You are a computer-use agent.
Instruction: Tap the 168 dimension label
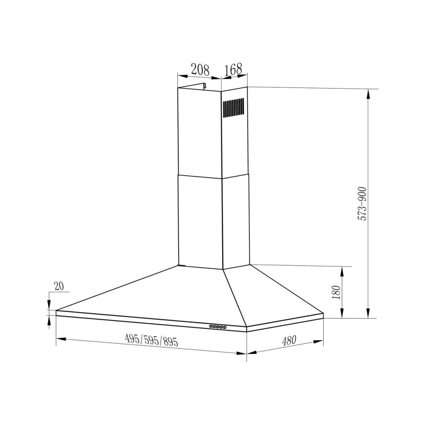(233, 69)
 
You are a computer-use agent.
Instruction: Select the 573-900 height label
(362, 203)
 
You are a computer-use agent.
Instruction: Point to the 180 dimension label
(336, 292)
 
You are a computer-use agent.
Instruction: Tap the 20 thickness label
(59, 286)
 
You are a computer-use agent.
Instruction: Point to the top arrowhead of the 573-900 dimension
(368, 92)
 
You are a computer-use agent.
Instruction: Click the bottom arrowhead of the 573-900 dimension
(368, 315)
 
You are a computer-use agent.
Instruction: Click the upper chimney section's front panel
(199, 133)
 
